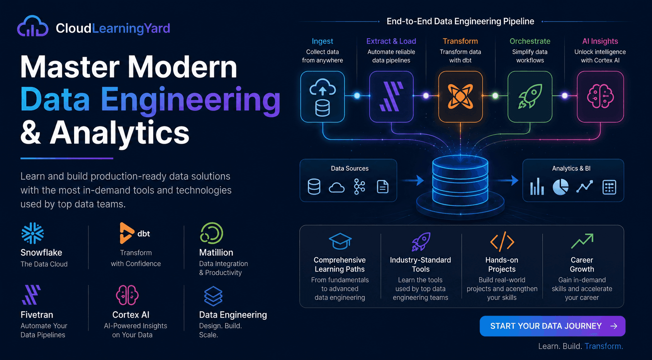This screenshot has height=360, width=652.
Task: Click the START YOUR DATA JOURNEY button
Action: click(x=552, y=326)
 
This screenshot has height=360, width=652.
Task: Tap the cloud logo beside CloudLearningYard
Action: click(x=32, y=26)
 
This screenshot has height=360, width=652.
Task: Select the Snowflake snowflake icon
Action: click(x=32, y=233)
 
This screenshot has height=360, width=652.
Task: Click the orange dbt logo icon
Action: click(x=126, y=233)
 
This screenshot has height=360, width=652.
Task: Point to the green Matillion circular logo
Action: click(x=212, y=233)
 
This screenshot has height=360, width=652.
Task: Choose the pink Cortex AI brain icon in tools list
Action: click(x=127, y=295)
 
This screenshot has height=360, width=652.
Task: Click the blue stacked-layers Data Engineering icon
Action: click(x=213, y=296)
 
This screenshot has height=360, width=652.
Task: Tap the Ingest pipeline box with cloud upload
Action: click(x=323, y=97)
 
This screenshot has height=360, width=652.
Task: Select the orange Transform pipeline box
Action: click(x=460, y=97)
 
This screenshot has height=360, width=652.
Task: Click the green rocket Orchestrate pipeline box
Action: click(x=530, y=97)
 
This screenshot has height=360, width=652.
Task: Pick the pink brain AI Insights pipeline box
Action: click(x=600, y=97)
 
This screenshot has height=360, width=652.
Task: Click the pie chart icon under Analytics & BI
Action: click(x=560, y=187)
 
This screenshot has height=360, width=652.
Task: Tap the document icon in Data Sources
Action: click(x=382, y=187)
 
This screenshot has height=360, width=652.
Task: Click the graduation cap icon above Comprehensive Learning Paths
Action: click(x=340, y=241)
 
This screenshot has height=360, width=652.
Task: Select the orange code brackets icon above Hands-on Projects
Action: click(x=502, y=241)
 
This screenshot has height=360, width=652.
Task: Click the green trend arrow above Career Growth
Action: click(x=582, y=241)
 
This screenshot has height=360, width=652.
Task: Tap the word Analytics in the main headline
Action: click(x=119, y=133)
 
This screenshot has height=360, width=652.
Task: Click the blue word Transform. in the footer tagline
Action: click(x=604, y=346)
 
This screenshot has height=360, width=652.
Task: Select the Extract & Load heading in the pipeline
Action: click(x=391, y=41)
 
